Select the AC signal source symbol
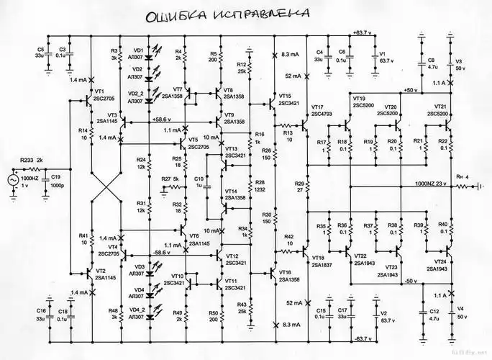pos(13,180)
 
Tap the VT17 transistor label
pos(322,107)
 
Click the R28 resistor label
pos(260,183)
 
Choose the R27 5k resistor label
pos(170,179)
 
